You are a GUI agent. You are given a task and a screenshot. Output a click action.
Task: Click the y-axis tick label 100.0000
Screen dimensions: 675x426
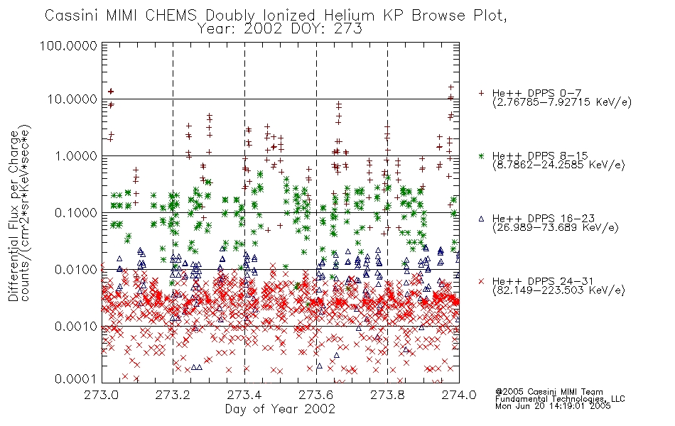coord(68,45)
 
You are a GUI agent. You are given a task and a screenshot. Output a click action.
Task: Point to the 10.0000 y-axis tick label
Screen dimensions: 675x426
coord(72,99)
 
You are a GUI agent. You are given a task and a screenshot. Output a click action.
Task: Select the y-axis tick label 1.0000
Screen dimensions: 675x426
coord(76,155)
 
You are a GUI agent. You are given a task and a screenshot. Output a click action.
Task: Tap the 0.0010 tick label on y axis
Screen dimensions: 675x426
coord(76,326)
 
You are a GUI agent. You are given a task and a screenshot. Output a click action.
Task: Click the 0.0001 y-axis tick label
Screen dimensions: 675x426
coord(76,378)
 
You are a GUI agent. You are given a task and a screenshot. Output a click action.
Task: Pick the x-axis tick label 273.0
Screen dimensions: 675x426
coord(102,395)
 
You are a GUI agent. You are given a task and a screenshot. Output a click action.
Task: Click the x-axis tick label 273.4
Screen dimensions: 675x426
coord(244,395)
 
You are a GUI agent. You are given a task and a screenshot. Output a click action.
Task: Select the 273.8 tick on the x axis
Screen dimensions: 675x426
coord(387,395)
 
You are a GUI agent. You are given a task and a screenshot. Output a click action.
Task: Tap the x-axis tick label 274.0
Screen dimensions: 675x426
coord(459,395)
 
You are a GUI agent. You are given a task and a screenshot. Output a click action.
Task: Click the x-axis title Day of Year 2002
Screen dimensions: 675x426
coord(280,408)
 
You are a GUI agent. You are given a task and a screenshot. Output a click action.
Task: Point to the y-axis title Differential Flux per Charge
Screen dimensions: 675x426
coord(14,216)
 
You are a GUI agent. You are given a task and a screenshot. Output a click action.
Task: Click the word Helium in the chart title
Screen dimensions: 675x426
coord(349,16)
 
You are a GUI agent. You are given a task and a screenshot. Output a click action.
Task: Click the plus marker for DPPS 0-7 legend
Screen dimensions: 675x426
coord(481,93)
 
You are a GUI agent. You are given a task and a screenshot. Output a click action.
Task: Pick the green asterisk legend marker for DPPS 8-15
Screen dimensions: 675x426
coord(481,155)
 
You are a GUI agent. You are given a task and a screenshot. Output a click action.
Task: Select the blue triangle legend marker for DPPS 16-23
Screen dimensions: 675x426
coord(481,219)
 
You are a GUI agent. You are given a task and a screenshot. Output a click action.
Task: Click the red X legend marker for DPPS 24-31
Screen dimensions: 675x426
coord(481,281)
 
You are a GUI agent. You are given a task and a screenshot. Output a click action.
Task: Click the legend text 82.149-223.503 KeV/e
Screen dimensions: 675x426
coord(558,290)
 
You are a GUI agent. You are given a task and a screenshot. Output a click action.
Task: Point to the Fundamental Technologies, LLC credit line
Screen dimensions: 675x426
coord(560,399)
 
